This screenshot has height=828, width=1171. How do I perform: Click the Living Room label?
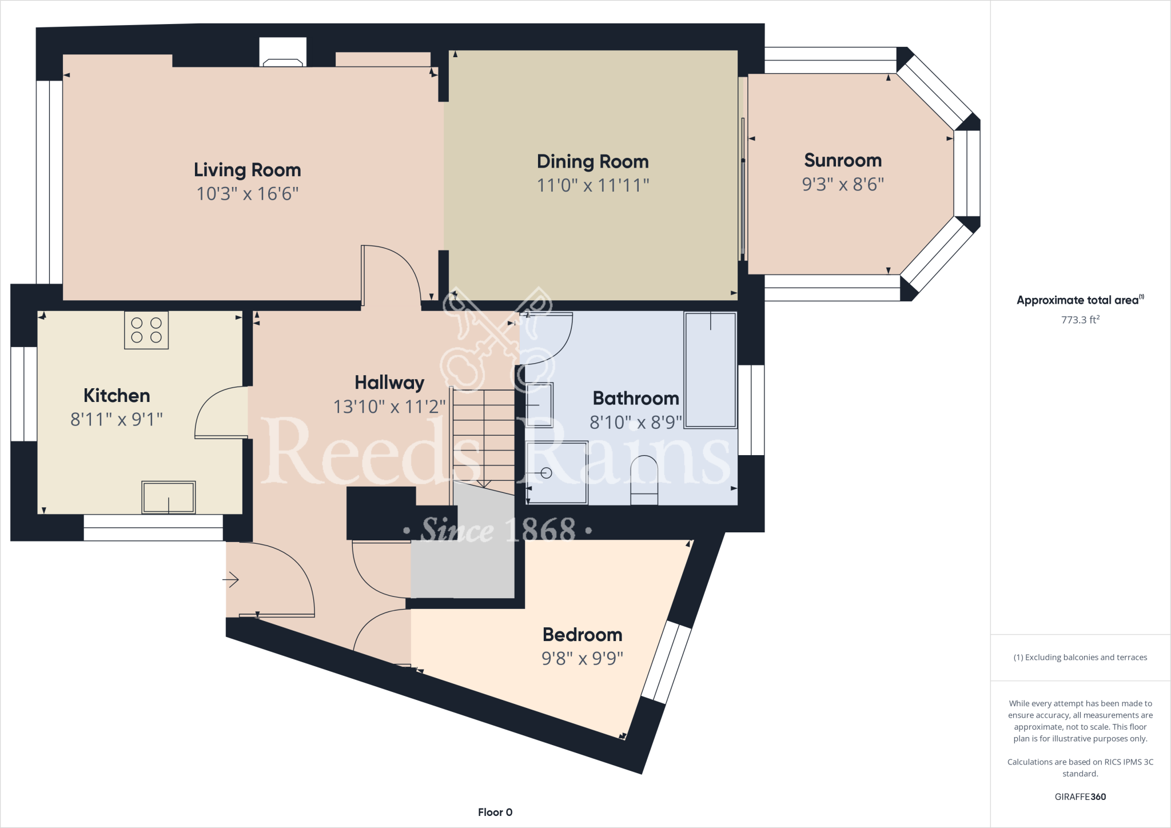(x=247, y=170)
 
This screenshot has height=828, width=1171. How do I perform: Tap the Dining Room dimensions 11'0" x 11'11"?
(x=592, y=185)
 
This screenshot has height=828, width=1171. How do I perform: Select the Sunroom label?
(x=842, y=160)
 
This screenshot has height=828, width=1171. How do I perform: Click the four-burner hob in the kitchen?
(x=146, y=330)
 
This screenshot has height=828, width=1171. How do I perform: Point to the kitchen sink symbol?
(x=169, y=497)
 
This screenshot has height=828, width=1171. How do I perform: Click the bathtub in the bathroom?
(x=710, y=369)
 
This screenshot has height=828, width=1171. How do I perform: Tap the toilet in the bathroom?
(x=644, y=480)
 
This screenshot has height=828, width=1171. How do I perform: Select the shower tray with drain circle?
(x=556, y=472)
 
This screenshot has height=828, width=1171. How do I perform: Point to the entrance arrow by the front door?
(x=230, y=580)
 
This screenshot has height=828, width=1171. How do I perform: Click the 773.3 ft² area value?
(x=1080, y=320)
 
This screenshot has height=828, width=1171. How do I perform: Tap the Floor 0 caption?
(x=495, y=812)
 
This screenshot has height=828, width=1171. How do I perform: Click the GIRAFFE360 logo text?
(x=1080, y=797)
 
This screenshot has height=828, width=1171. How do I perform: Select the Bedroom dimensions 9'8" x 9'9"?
(x=582, y=658)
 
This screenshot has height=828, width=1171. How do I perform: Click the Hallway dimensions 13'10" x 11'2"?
(x=389, y=407)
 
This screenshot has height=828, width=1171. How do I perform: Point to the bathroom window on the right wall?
(x=751, y=410)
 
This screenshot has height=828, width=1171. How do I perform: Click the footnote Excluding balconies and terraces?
(x=1080, y=657)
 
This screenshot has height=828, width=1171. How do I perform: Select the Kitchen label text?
(x=117, y=395)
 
